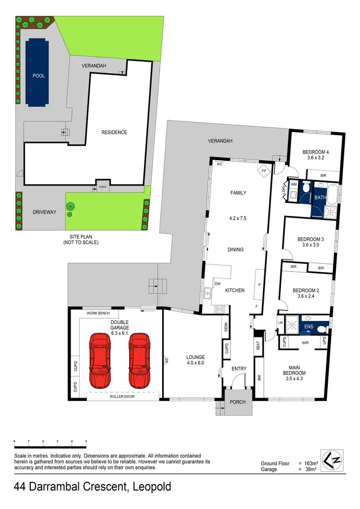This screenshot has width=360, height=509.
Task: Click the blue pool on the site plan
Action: (38, 72)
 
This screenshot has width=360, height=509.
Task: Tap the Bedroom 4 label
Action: (315, 153)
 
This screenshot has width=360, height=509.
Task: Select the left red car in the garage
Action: (100, 361)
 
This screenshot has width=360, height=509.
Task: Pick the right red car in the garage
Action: (139, 361)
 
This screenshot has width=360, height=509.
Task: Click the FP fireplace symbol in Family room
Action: (264, 171)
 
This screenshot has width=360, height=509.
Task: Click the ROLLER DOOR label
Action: (122, 397)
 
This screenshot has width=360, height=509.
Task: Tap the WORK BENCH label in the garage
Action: (98, 313)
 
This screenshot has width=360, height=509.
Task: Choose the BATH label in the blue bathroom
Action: (320, 197)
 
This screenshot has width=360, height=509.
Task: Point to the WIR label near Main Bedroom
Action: (304, 343)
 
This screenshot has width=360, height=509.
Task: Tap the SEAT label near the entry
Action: (258, 345)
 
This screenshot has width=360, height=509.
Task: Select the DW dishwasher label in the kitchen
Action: (217, 284)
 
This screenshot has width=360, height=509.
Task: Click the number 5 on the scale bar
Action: (86, 440)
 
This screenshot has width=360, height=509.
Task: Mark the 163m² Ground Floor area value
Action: (312, 463)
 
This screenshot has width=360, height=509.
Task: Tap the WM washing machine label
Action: (294, 183)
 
